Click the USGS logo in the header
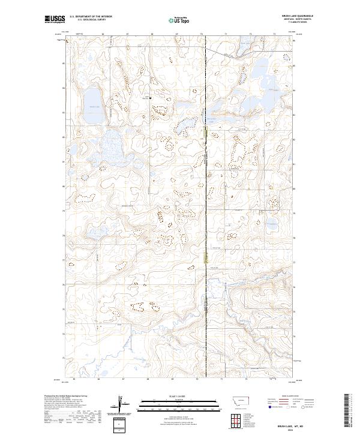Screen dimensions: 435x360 tap(55, 20)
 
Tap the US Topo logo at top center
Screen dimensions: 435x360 tap(179, 20)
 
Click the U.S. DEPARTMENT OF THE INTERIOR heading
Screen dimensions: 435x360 tap(91, 17)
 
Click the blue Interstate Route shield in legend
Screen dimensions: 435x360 tap(269, 406)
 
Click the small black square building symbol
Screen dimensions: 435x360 tap(150, 98)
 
